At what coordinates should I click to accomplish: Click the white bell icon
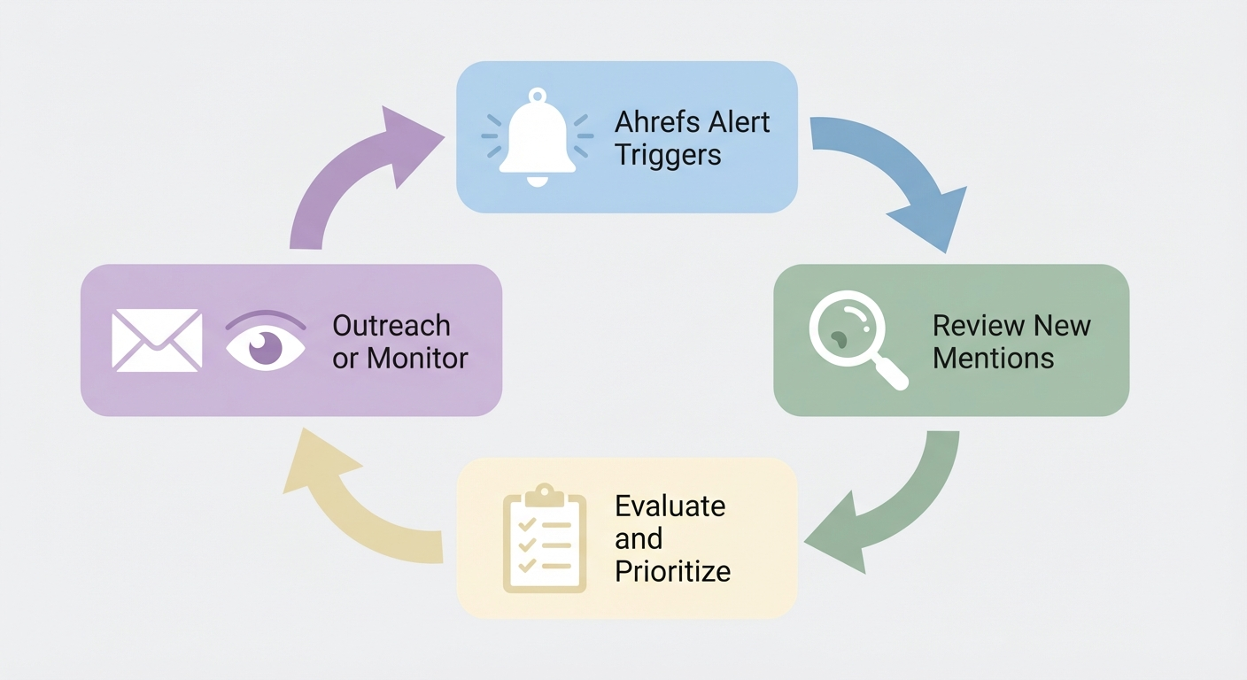(x=536, y=137)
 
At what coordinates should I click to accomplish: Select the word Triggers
(x=668, y=155)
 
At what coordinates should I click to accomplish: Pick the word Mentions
(x=993, y=359)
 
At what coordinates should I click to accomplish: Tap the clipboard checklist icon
(x=544, y=539)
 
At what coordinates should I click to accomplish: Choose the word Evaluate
(x=670, y=506)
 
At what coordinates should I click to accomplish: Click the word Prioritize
(x=672, y=571)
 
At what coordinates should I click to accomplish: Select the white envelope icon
(x=157, y=339)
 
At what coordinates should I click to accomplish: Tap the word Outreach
(x=391, y=326)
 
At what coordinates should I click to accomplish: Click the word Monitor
(x=417, y=359)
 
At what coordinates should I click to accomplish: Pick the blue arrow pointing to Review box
(x=895, y=173)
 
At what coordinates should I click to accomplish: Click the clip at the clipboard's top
(x=544, y=492)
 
